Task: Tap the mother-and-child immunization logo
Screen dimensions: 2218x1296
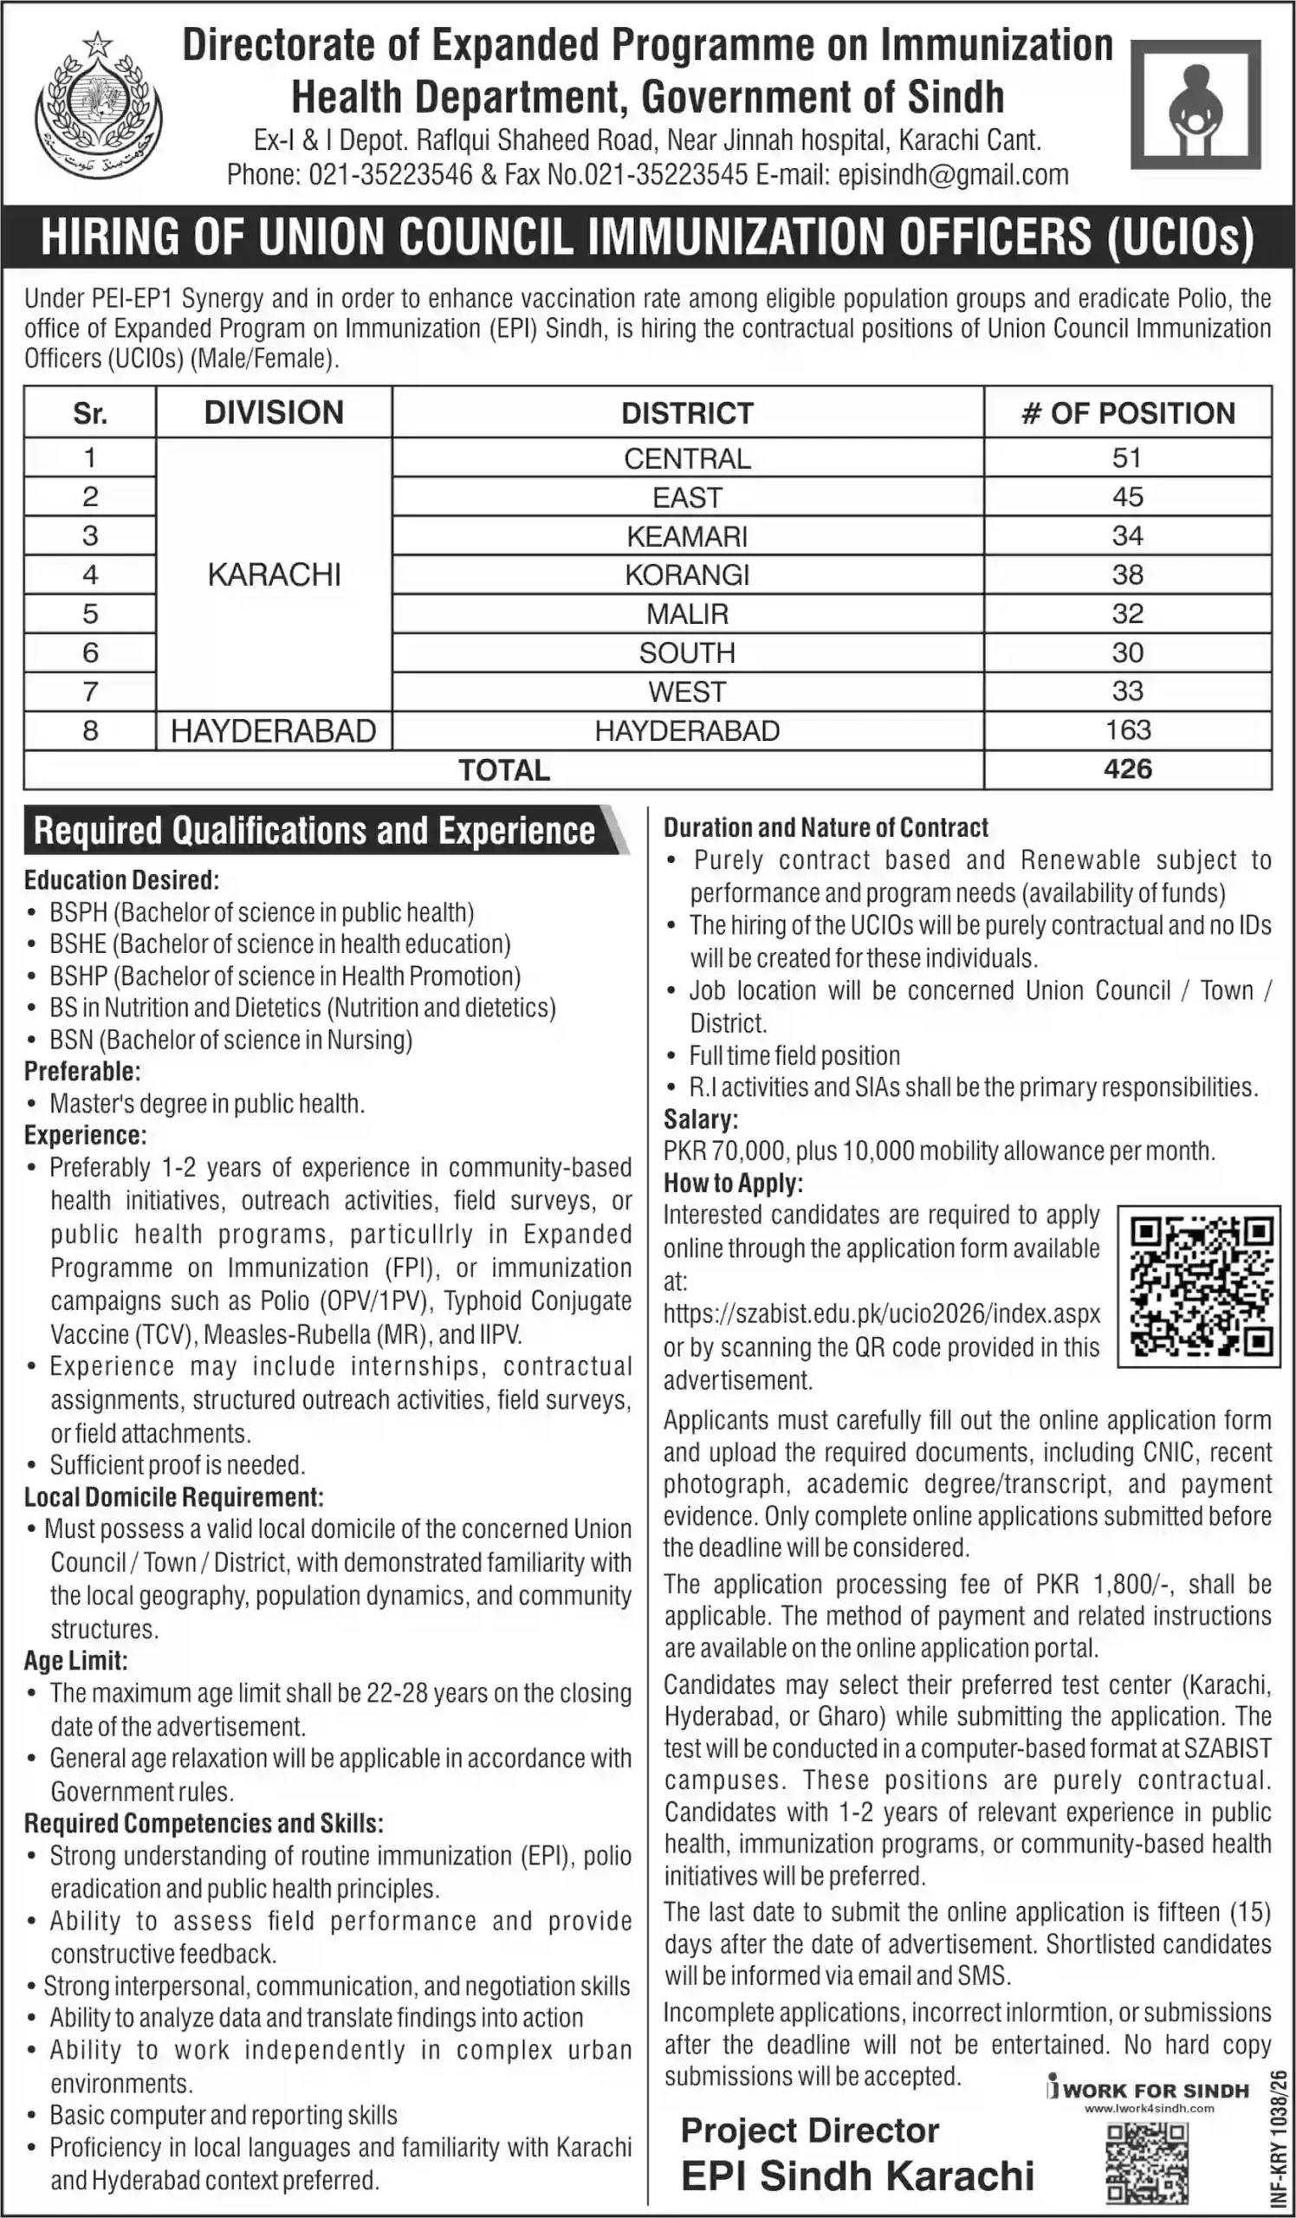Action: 1195,104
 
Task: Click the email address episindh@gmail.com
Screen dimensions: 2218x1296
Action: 953,174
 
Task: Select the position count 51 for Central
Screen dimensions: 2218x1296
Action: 1126,457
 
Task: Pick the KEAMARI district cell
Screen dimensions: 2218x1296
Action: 686,536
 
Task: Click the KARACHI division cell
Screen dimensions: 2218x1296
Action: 274,574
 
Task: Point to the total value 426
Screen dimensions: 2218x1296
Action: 1127,769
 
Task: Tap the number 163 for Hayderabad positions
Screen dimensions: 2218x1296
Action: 1127,730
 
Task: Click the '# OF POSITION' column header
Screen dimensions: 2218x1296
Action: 1127,412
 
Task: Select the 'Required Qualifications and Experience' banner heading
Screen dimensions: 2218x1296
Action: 315,831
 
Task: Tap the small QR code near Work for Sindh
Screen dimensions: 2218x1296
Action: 1146,2163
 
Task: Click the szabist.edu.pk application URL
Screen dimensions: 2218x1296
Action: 882,1314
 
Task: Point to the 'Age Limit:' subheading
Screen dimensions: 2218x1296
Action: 76,1661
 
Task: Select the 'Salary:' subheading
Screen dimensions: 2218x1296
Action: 700,1119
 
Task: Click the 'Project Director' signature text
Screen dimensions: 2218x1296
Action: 809,2130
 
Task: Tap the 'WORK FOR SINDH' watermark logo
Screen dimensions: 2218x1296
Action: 1148,2092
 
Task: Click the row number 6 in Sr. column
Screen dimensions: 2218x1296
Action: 90,652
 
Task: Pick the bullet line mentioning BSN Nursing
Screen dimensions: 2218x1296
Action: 230,1040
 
